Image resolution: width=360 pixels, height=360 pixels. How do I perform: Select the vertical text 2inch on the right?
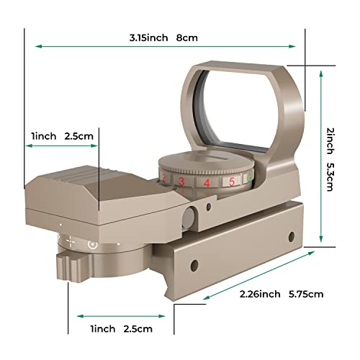coord(330,141)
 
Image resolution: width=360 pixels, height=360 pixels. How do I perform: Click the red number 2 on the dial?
coord(165,179)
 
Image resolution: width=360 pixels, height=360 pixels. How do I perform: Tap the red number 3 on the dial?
coord(182,181)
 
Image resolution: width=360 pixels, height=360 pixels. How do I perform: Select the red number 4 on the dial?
coord(207,182)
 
